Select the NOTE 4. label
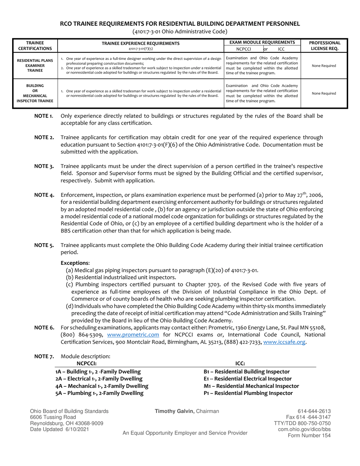(44, 195)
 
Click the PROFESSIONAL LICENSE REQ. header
(325, 45)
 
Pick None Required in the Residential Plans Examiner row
(324, 66)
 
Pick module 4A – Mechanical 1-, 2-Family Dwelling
(102, 386)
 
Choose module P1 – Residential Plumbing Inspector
(248, 393)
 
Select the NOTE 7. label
(44, 357)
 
